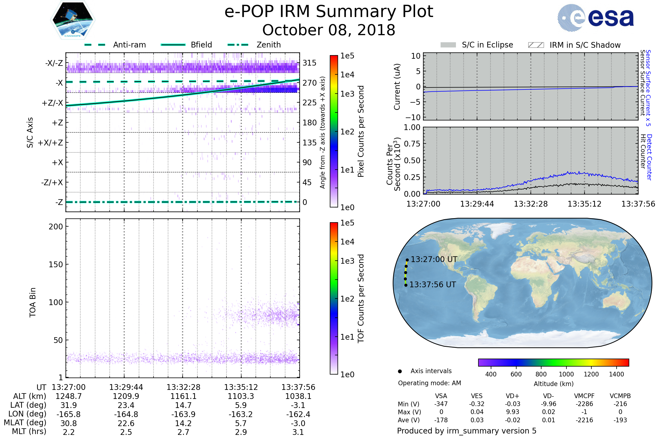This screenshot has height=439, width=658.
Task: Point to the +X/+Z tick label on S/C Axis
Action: point(50,143)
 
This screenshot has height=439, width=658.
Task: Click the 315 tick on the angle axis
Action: point(310,63)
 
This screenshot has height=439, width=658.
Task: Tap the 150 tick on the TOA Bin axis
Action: point(56,264)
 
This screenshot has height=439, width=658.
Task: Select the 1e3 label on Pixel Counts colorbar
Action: point(347,94)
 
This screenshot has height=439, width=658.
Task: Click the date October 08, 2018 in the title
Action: point(329,30)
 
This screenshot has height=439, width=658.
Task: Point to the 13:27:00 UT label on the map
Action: point(434,259)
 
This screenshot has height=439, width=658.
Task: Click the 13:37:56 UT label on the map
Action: point(433,285)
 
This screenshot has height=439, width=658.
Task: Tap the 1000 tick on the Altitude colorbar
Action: point(566,374)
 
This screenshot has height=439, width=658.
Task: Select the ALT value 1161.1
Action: point(183,396)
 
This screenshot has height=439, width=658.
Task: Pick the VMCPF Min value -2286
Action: point(584,404)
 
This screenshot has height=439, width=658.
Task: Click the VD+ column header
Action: point(512,396)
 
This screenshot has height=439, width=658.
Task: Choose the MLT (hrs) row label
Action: point(29,431)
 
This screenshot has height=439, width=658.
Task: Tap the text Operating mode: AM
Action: point(429,383)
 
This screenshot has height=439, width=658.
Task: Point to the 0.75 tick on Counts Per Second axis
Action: point(412,144)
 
